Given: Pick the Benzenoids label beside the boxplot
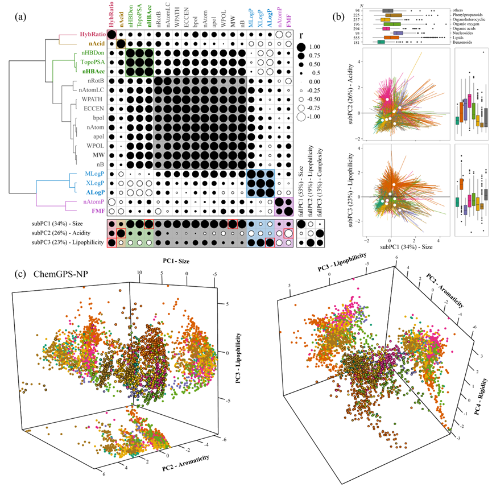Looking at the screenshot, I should click(465, 42).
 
